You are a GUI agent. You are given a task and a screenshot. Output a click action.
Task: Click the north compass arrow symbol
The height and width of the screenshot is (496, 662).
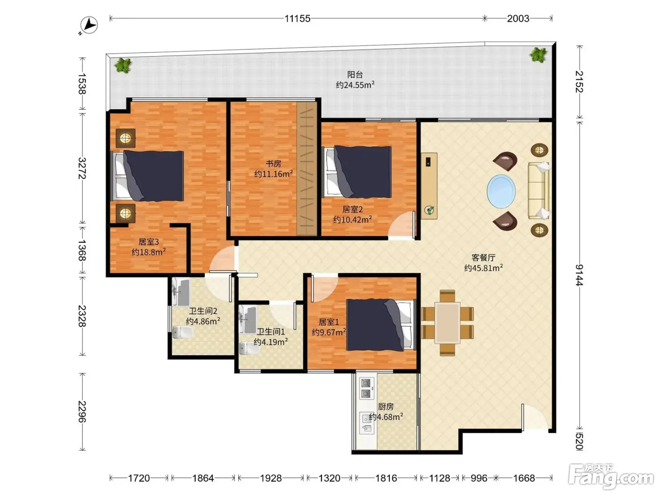[x=89, y=25]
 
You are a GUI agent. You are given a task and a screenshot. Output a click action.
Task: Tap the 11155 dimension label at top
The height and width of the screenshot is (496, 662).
[x=297, y=19]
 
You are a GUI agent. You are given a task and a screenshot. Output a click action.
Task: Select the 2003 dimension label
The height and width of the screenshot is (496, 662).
[x=517, y=19]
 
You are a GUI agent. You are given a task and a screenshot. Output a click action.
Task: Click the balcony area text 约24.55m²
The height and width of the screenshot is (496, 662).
[x=355, y=85]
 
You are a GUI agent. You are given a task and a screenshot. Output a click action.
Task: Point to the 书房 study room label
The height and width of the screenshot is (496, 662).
[x=273, y=163]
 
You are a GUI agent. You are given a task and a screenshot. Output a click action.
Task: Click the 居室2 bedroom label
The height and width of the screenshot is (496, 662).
[x=352, y=209]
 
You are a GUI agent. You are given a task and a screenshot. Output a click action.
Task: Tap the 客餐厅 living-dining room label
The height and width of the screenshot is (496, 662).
[x=483, y=257]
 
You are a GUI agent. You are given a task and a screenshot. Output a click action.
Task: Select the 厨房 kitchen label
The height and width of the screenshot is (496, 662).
[x=385, y=407]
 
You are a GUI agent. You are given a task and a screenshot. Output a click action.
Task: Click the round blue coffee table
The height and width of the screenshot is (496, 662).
[x=501, y=191]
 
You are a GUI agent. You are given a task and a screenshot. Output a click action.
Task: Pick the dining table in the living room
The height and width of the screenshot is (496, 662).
[x=447, y=323]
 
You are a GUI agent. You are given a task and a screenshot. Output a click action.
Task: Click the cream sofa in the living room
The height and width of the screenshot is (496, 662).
[x=539, y=191]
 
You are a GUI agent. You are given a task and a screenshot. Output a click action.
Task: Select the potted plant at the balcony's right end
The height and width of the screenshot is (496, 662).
[x=538, y=55]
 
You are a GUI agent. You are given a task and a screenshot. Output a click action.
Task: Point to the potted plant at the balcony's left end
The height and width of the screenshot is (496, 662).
[x=123, y=65]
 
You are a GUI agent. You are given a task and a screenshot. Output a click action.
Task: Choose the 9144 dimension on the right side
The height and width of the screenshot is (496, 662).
[x=579, y=274]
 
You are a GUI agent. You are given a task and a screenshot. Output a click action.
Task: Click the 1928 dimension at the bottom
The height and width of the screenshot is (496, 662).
[x=270, y=478]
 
